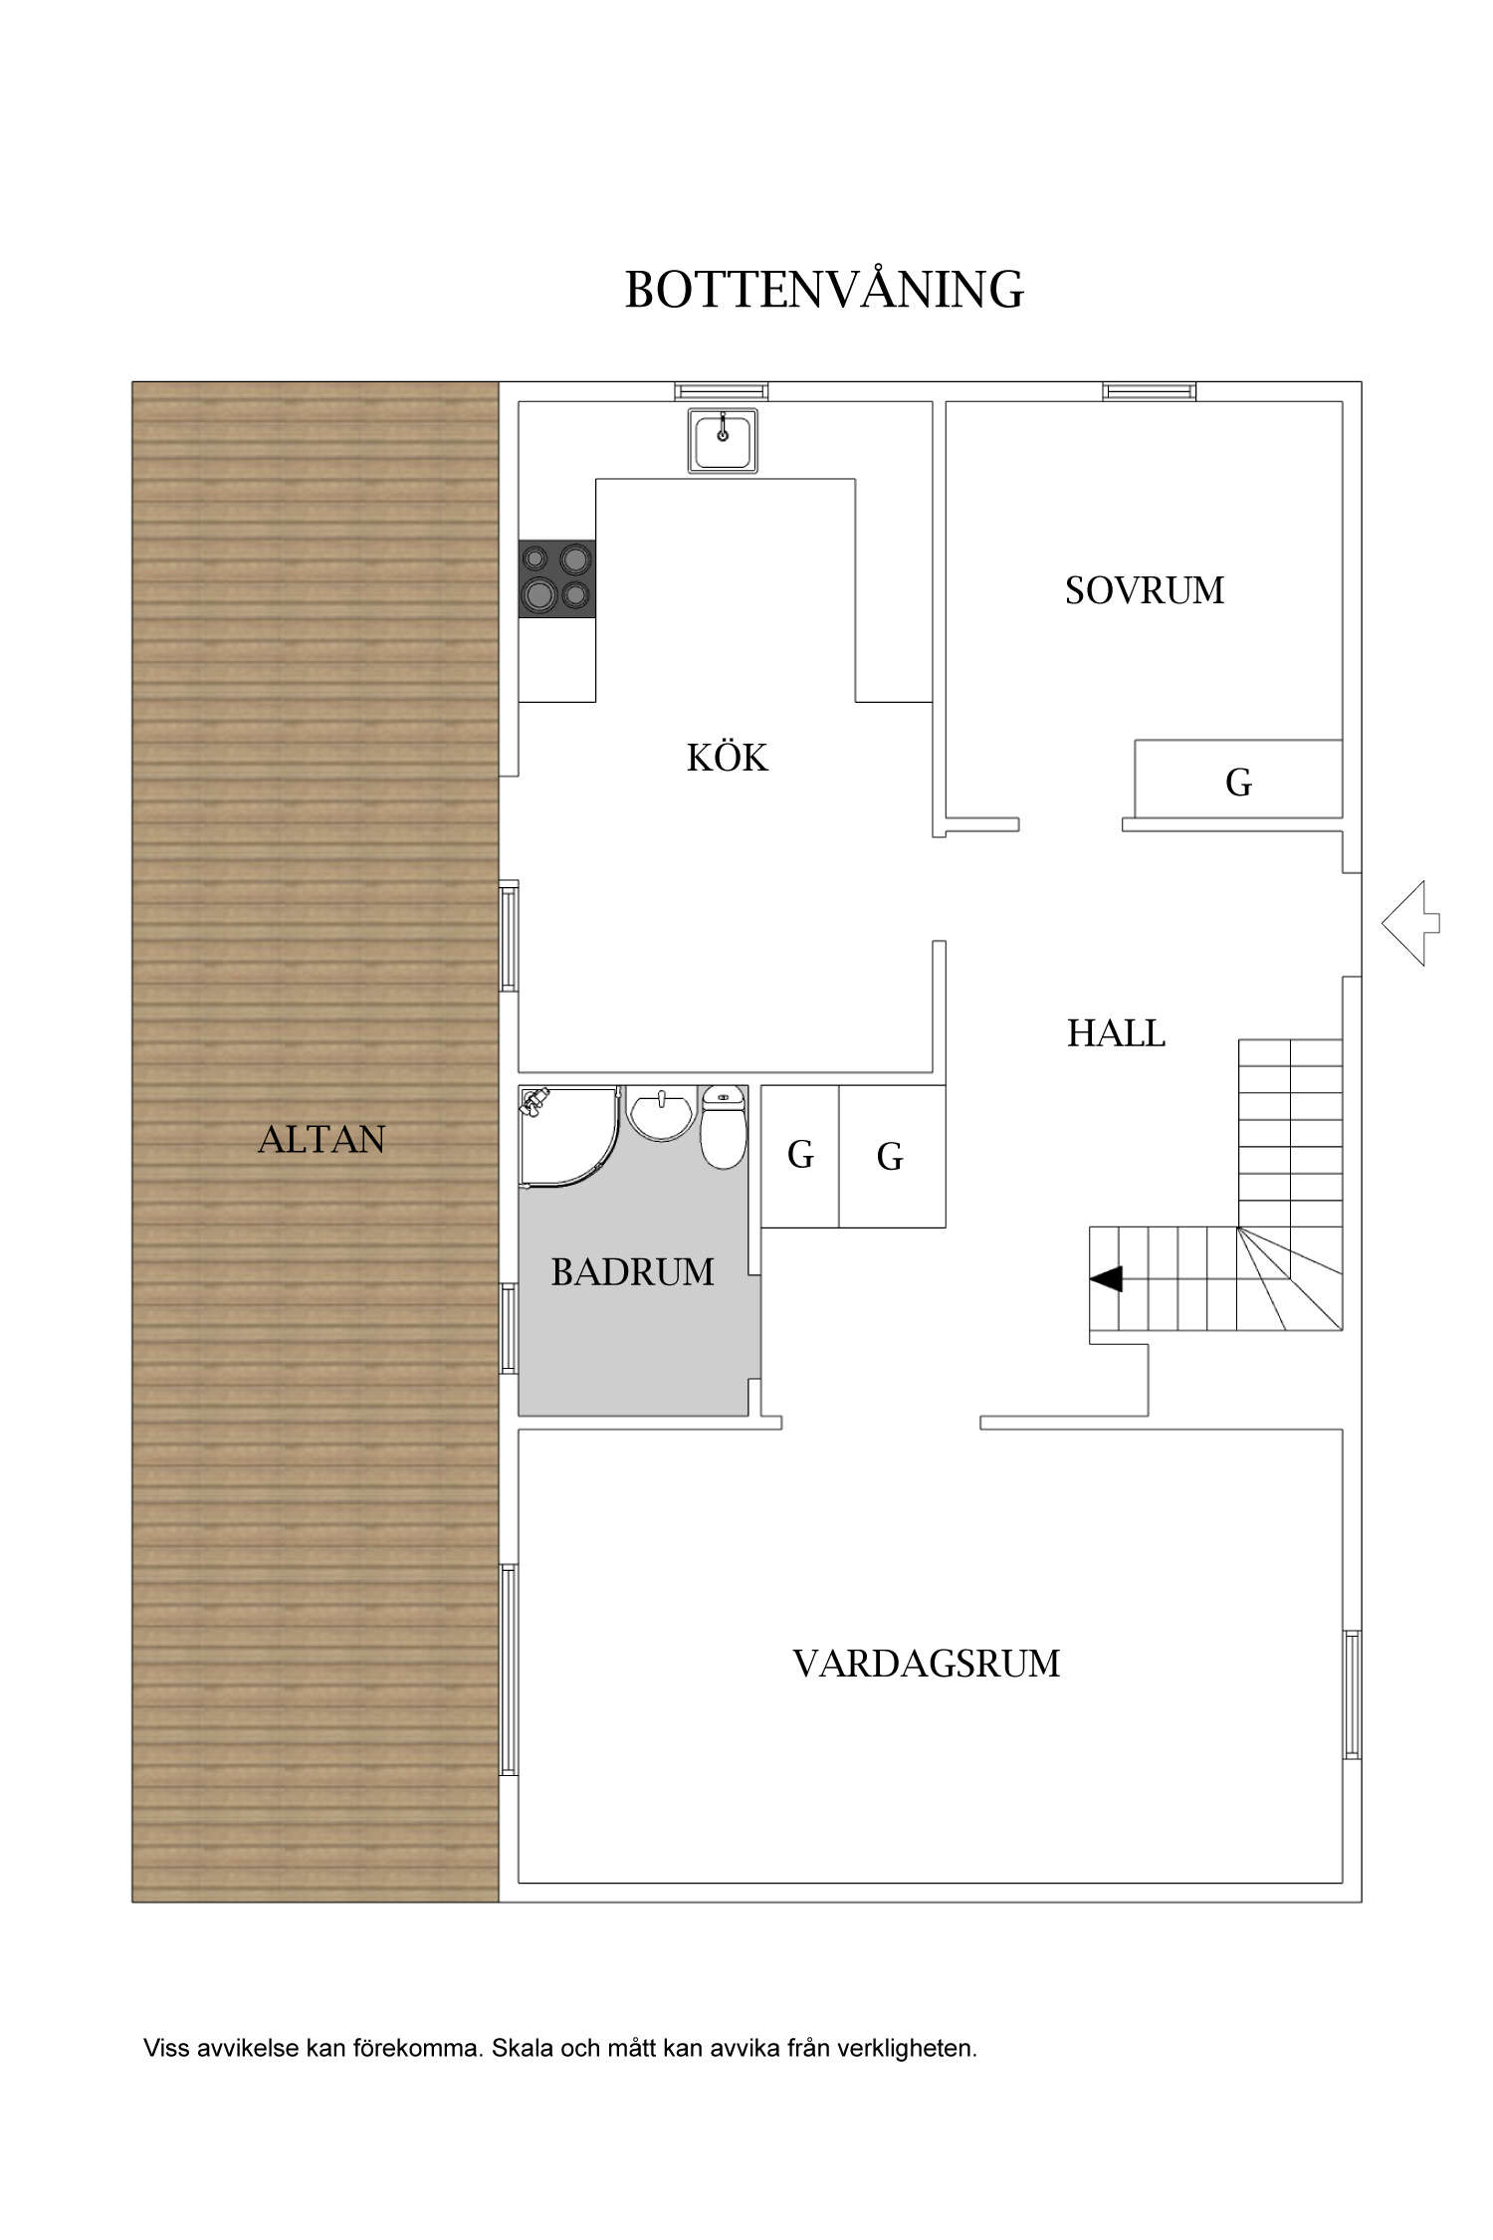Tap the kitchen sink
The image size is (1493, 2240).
click(x=723, y=440)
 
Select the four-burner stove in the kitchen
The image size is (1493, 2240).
click(x=557, y=578)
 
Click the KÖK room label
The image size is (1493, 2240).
click(x=728, y=759)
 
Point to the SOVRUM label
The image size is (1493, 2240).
click(x=1145, y=590)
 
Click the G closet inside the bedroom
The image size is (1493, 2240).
click(x=1238, y=779)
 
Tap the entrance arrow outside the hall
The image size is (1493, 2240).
click(x=1410, y=923)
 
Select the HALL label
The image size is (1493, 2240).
click(x=1116, y=1033)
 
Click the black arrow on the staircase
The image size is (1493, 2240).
click(x=1106, y=1278)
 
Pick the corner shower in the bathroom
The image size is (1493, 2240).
click(x=568, y=1136)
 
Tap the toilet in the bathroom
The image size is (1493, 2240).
click(x=724, y=1127)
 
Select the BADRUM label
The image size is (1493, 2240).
click(x=633, y=1272)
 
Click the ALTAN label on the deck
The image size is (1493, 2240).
click(x=321, y=1140)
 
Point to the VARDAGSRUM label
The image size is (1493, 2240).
click(x=927, y=1664)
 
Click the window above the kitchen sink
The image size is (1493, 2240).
click(x=721, y=391)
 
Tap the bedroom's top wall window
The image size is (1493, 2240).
click(x=1150, y=391)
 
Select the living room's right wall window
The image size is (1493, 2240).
click(x=1352, y=1694)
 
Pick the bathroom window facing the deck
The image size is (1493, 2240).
click(x=509, y=1329)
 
